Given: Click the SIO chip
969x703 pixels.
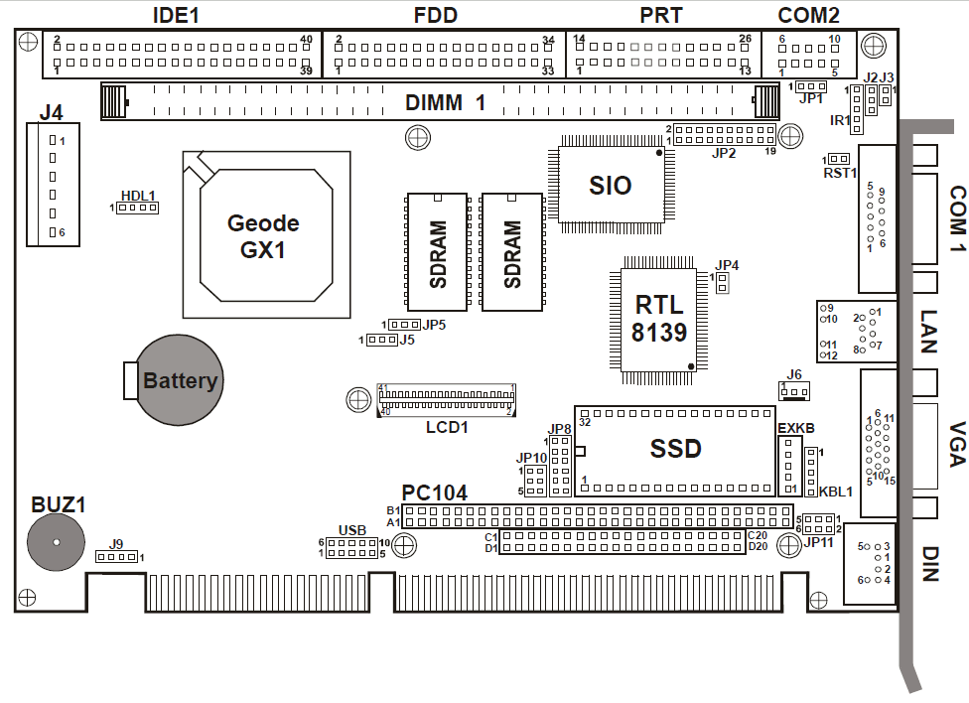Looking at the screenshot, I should coord(610,184).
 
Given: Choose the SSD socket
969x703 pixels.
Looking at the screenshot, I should coord(675,448).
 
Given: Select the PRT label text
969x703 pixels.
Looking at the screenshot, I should coord(659,15).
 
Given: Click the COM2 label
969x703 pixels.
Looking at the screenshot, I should coord(809,15).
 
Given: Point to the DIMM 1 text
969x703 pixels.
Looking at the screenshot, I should coord(445,101).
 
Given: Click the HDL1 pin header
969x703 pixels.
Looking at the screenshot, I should coord(138,209).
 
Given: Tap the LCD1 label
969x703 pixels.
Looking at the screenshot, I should coord(446,427).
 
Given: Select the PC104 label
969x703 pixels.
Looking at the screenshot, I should coord(434,492).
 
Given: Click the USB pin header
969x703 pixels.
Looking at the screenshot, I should coord(351,547).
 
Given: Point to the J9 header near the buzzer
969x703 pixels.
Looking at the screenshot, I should coord(116,557).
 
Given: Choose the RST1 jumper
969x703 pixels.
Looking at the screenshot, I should coord(840,159).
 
